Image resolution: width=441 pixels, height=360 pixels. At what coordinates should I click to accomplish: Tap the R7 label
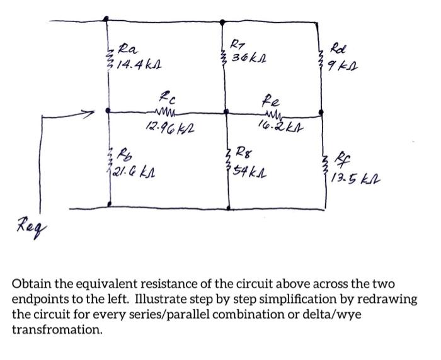235,45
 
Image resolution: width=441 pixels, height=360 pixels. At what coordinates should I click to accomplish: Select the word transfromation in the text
57,329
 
